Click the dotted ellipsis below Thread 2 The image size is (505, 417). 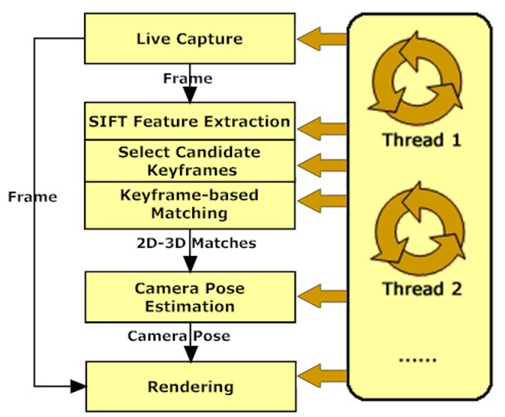416,358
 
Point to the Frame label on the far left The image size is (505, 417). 32,197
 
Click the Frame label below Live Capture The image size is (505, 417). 188,78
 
